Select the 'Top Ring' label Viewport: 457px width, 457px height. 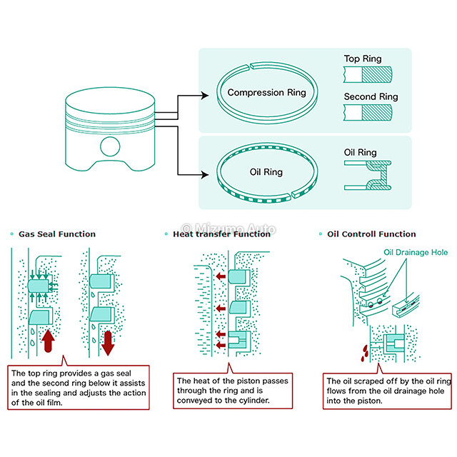click(x=362, y=60)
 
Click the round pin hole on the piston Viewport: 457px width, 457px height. click(x=110, y=146)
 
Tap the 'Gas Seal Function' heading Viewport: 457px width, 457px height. click(x=57, y=233)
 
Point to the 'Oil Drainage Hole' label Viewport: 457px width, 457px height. click(x=416, y=251)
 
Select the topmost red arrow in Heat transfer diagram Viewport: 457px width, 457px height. click(x=221, y=276)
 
